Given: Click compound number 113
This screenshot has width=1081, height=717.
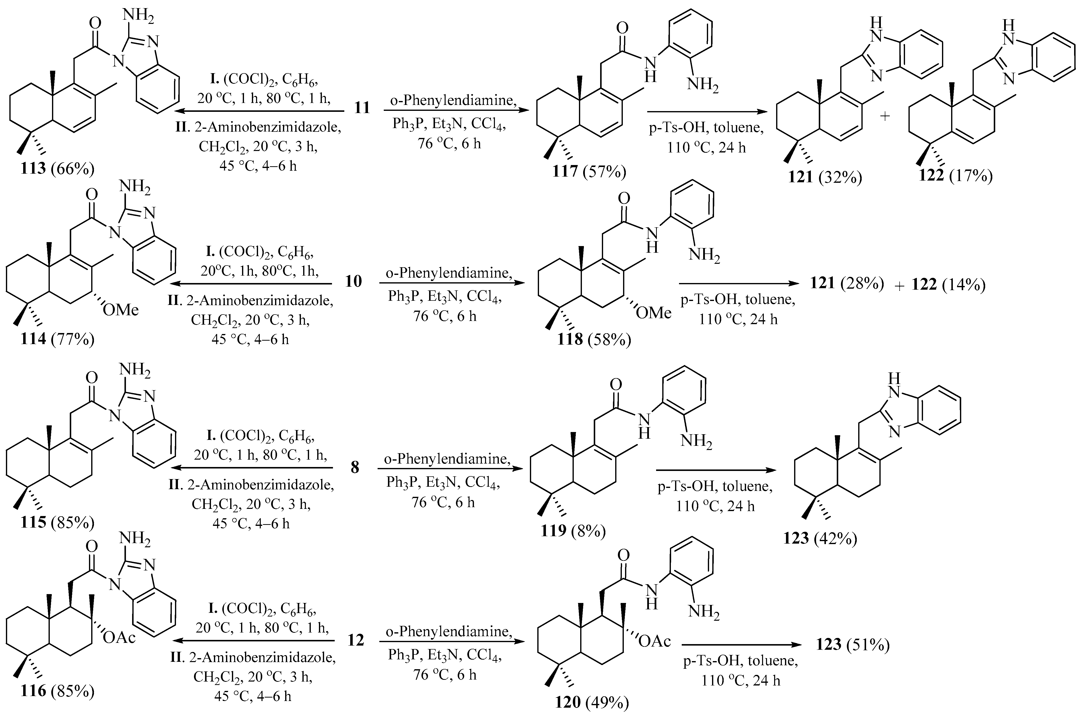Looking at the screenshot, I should coord(33,169).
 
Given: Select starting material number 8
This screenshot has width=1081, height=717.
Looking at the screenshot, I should coord(355,467).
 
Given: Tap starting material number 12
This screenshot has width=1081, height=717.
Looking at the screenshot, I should coord(355,640).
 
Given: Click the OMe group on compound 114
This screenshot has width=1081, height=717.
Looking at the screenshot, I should coord(120,310).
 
